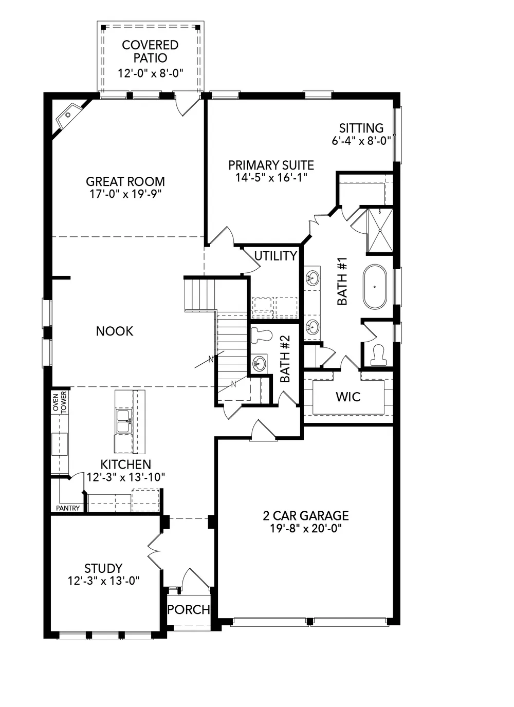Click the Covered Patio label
tap(150, 51)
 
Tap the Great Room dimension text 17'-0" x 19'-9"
tap(125, 194)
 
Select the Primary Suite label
tap(271, 165)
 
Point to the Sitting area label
tap(361, 128)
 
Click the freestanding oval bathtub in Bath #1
tap(375, 287)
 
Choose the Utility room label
tap(276, 256)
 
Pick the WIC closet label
tap(348, 397)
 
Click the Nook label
tap(115, 331)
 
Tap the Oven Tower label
tap(60, 402)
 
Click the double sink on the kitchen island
tap(123, 421)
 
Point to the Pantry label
tap(68, 508)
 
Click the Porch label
tap(189, 609)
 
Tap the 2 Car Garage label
tap(306, 515)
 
